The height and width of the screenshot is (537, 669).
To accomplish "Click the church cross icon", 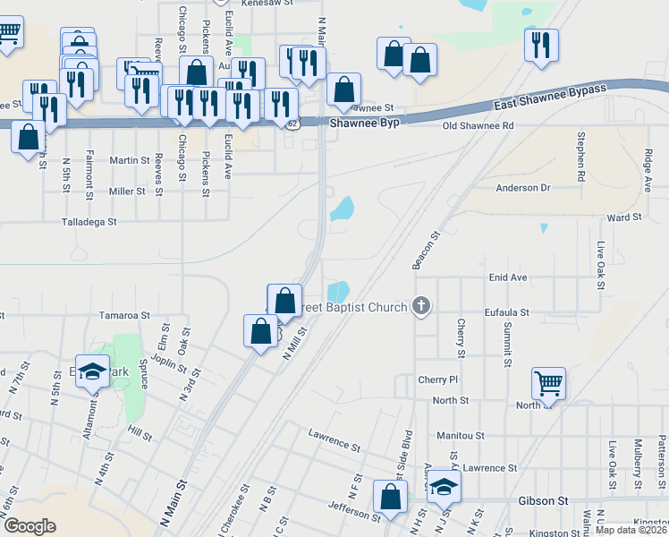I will tap(421, 307).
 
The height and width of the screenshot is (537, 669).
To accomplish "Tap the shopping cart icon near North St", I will tap(548, 384).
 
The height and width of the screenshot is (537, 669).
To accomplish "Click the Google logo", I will tap(30, 525).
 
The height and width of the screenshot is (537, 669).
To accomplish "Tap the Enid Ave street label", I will tap(508, 278).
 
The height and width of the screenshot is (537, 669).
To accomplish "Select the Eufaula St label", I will tap(507, 314).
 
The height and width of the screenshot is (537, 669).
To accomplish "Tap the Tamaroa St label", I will tap(124, 316).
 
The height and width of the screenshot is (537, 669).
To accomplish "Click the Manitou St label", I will tap(461, 436).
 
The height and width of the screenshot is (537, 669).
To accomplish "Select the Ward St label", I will tap(624, 217).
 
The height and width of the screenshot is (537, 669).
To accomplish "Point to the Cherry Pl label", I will tap(437, 380).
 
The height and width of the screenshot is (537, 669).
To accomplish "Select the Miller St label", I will tap(127, 192).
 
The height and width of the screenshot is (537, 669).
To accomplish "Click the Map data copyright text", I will tap(631, 530).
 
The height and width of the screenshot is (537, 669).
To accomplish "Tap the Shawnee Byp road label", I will tap(363, 123).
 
